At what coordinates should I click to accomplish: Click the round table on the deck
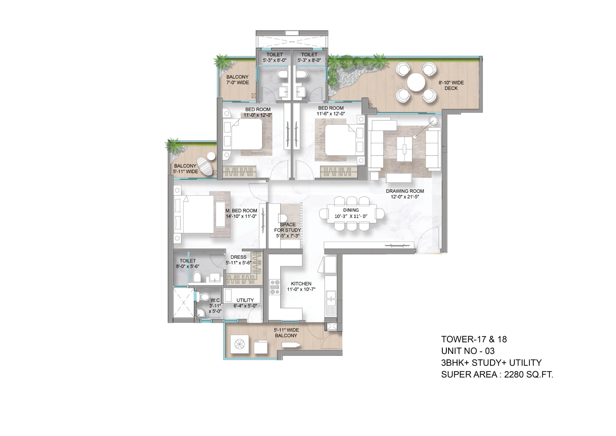click(x=416, y=82)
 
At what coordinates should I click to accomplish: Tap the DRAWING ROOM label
click(x=405, y=191)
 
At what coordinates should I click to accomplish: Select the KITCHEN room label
click(x=301, y=284)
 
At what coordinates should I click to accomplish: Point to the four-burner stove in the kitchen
click(x=275, y=287)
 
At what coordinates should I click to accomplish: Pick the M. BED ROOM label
click(x=241, y=211)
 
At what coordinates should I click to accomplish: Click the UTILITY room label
click(x=245, y=300)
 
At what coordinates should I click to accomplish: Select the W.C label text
click(x=215, y=300)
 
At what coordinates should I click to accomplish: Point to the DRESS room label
click(x=238, y=257)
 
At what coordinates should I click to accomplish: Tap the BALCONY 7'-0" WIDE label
click(x=237, y=79)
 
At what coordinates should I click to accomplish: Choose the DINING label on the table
click(x=351, y=210)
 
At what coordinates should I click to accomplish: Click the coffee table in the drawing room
click(x=404, y=149)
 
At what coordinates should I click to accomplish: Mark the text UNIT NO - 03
click(x=468, y=351)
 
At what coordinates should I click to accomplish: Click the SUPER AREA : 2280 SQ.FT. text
click(x=497, y=375)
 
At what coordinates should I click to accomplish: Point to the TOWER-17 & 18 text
click(x=474, y=339)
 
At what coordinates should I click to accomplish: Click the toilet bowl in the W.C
click(x=204, y=297)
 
